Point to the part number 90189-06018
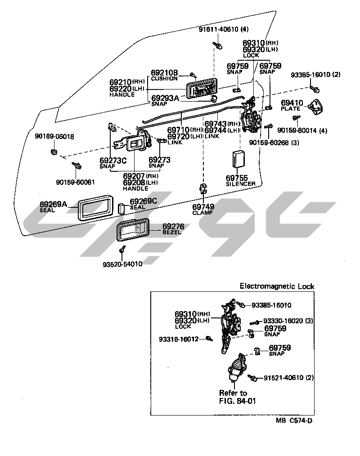pos(54,136)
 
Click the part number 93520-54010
pos(122,264)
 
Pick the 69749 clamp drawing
pos(203,189)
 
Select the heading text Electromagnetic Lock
pos(277,286)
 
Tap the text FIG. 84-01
pos(237,401)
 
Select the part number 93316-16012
pos(178,339)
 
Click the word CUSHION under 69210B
pos(164,79)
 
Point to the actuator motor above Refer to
pos(237,371)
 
